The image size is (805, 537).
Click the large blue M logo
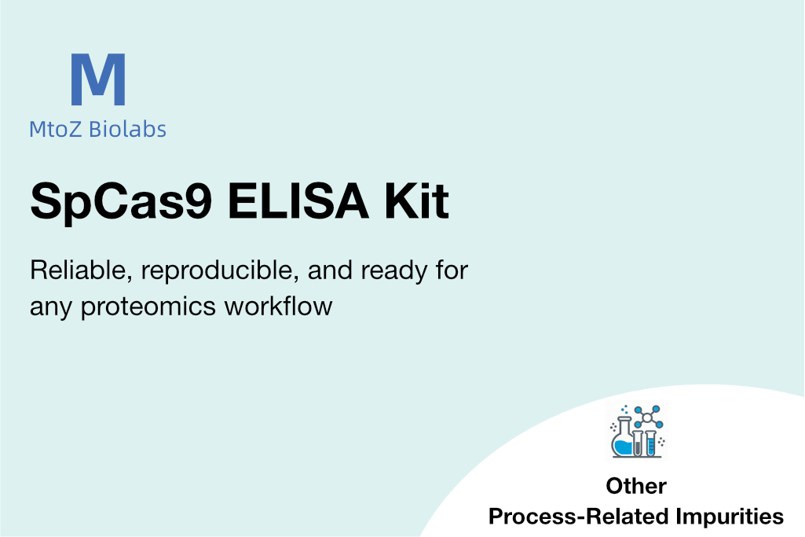tap(98, 79)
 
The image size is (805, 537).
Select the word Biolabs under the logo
tap(127, 129)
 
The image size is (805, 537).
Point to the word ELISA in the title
tap(298, 200)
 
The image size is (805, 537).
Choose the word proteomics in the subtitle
tap(148, 307)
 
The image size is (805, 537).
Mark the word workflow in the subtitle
tap(278, 306)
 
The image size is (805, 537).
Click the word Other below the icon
tap(636, 486)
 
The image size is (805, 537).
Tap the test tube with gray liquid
tap(638, 443)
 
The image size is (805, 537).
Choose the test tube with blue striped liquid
tap(651, 443)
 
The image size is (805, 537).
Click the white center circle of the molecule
tap(647, 417)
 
